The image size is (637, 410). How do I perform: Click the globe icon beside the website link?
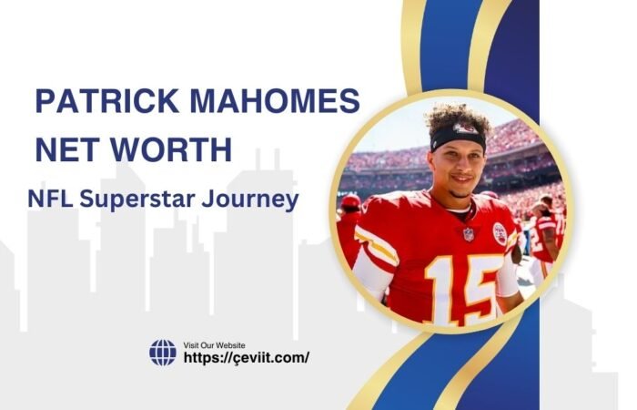(x=163, y=352)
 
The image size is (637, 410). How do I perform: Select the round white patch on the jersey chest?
(x=500, y=232)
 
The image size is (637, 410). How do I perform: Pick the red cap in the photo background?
(x=351, y=201)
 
